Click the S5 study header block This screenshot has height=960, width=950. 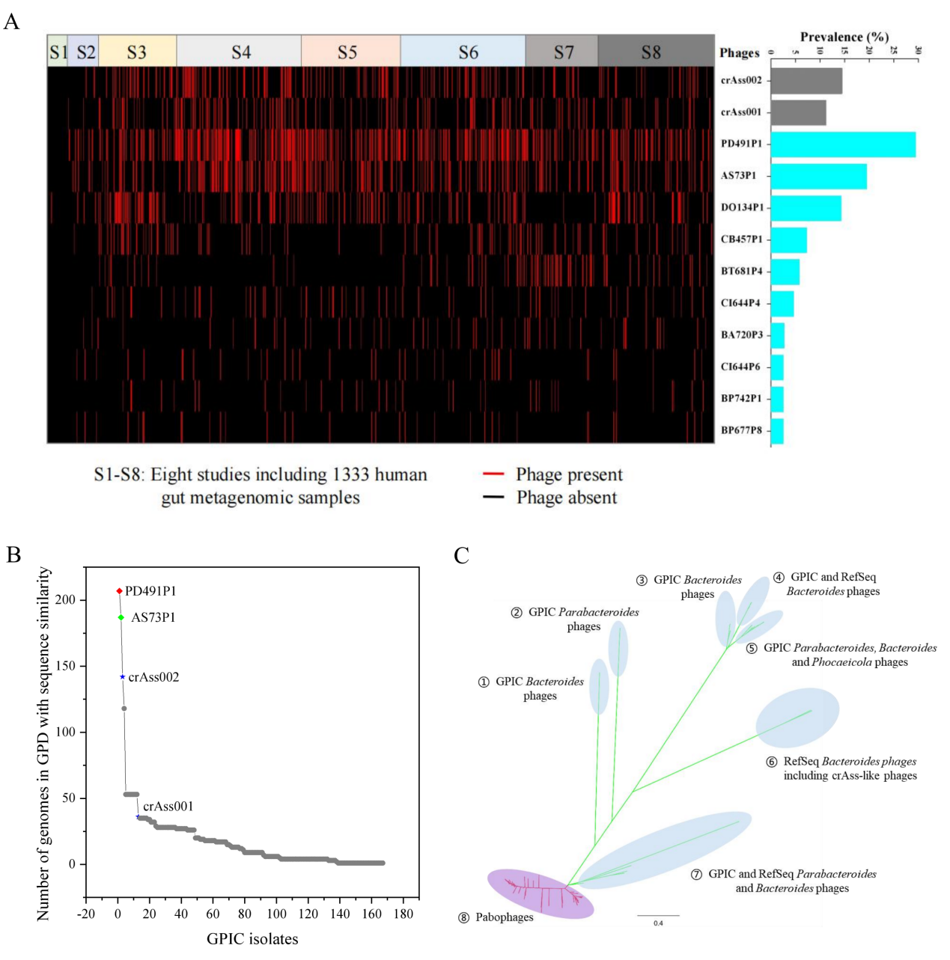point(350,51)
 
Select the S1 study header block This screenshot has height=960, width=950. point(58,51)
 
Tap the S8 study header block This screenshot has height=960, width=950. point(656,51)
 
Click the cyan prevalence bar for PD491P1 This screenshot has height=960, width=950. point(842,144)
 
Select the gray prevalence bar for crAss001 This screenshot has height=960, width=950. point(798,113)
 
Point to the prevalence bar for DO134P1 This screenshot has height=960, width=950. point(806,208)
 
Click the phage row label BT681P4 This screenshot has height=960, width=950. point(741,272)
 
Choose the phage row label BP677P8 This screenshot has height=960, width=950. point(741,430)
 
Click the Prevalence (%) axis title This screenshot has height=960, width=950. point(844,37)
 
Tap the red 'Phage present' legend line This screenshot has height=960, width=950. point(493,474)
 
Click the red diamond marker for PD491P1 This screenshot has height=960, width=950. point(119,591)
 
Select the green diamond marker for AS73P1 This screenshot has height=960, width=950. point(121,617)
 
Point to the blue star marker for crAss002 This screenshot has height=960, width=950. point(123,677)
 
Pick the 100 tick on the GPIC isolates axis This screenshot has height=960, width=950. point(276,914)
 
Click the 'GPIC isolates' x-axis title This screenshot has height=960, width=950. point(252,939)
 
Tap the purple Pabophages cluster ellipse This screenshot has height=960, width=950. point(540,893)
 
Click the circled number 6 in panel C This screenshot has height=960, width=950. point(771,762)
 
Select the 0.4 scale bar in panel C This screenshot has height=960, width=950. point(658,916)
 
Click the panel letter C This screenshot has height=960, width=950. point(461,556)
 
